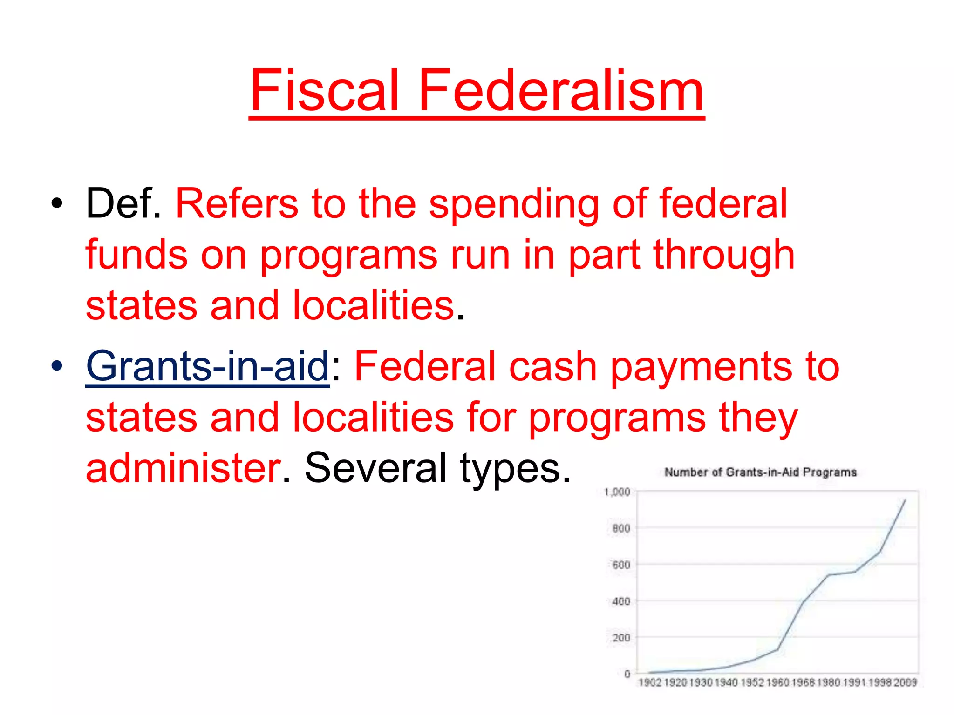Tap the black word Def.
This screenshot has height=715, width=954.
pyautogui.click(x=123, y=203)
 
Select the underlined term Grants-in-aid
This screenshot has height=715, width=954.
pyautogui.click(x=208, y=366)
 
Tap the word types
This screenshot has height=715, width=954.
pyautogui.click(x=515, y=469)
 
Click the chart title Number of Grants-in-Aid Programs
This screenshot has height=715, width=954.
pyautogui.click(x=760, y=472)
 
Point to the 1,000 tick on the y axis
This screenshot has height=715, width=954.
pyautogui.click(x=617, y=492)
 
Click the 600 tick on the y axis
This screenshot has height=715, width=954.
pyautogui.click(x=621, y=565)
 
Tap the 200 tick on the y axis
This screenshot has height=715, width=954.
pyautogui.click(x=621, y=638)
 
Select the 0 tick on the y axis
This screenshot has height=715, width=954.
pyautogui.click(x=627, y=674)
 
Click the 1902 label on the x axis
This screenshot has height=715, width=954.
pyautogui.click(x=649, y=682)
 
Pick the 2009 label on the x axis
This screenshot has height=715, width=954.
pyautogui.click(x=905, y=682)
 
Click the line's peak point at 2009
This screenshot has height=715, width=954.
pyautogui.click(x=905, y=500)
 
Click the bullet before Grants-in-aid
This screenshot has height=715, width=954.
pyautogui.click(x=57, y=366)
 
